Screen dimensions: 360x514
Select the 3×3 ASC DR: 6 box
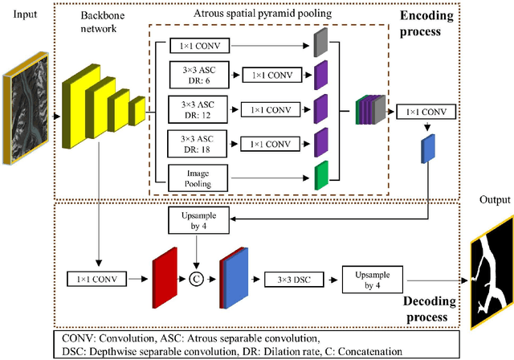[194, 76]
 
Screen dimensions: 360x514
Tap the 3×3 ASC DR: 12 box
[194, 108]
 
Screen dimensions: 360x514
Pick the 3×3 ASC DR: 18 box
[194, 142]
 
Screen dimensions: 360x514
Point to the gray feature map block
[321, 43]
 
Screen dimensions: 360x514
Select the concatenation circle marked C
[195, 280]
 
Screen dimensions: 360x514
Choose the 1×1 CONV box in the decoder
[96, 280]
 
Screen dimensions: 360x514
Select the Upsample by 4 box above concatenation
[198, 219]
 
